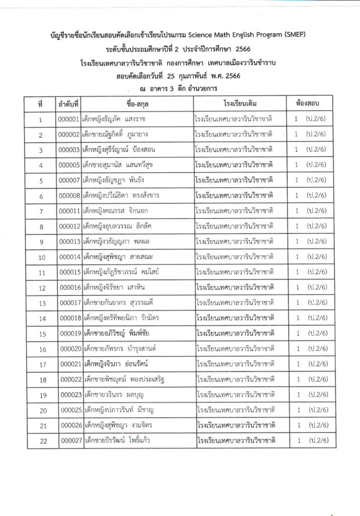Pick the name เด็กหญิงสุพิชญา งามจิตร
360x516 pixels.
coord(118,426)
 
